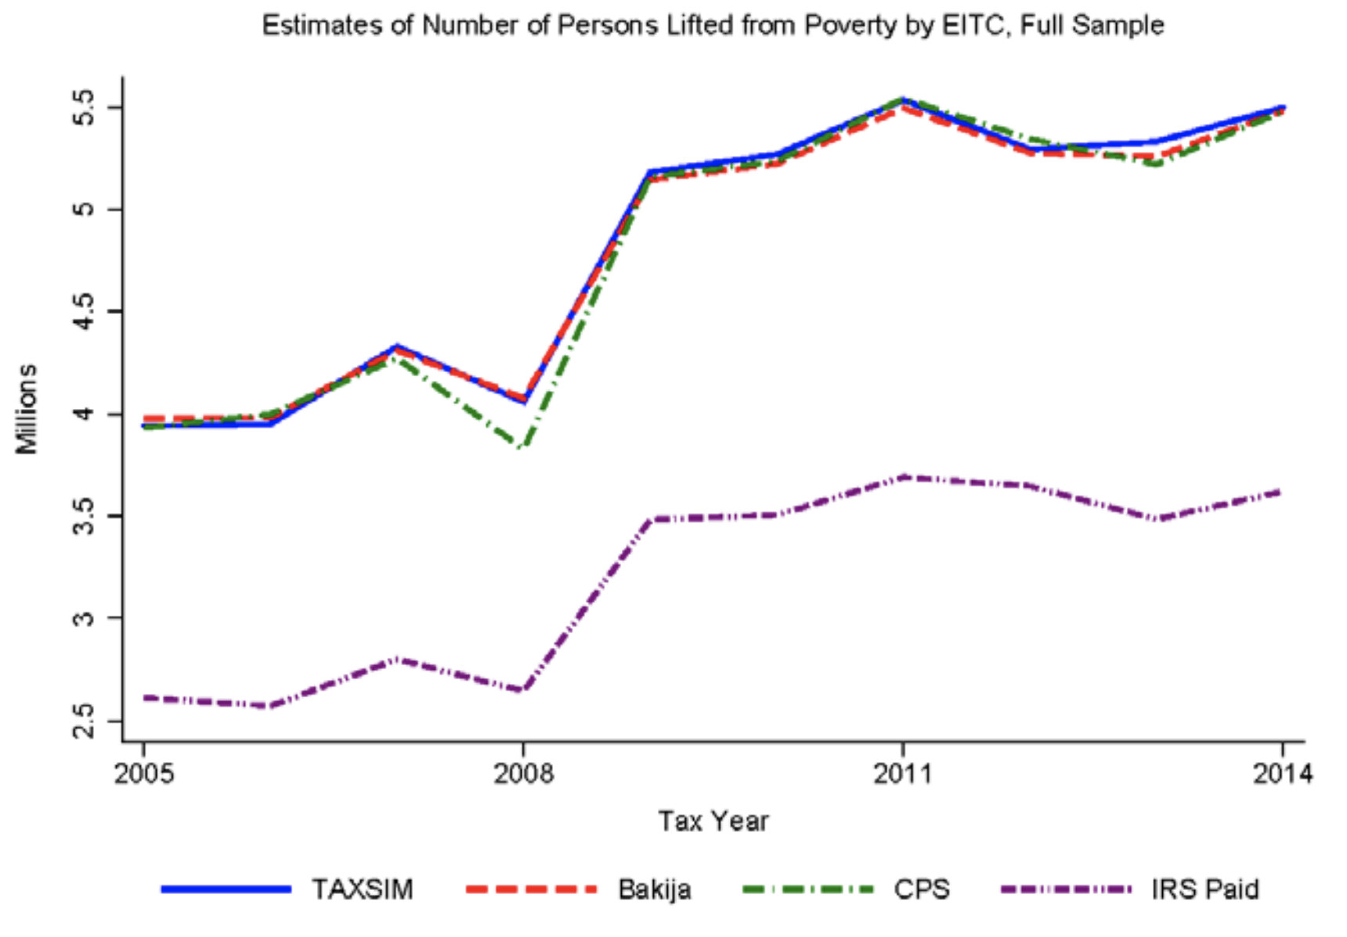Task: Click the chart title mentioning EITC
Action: click(713, 26)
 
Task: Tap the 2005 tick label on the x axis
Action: click(144, 774)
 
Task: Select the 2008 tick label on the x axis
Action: click(523, 774)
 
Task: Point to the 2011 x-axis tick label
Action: click(903, 774)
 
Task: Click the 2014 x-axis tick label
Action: click(1282, 774)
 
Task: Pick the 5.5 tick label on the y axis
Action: click(84, 107)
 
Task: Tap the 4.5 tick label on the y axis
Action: click(84, 312)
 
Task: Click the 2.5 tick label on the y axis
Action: click(84, 721)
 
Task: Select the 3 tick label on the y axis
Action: click(84, 618)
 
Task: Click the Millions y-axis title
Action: click(27, 409)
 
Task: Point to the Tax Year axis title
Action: click(713, 821)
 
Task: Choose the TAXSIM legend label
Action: click(362, 890)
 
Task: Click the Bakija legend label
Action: click(654, 890)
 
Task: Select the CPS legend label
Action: click(921, 890)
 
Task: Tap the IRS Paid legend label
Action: click(1204, 890)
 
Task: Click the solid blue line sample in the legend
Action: click(226, 889)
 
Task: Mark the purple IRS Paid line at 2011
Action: click(903, 476)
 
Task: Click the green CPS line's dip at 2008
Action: click(522, 447)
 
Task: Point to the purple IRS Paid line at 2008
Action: click(522, 690)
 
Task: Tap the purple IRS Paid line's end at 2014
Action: click(1280, 492)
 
